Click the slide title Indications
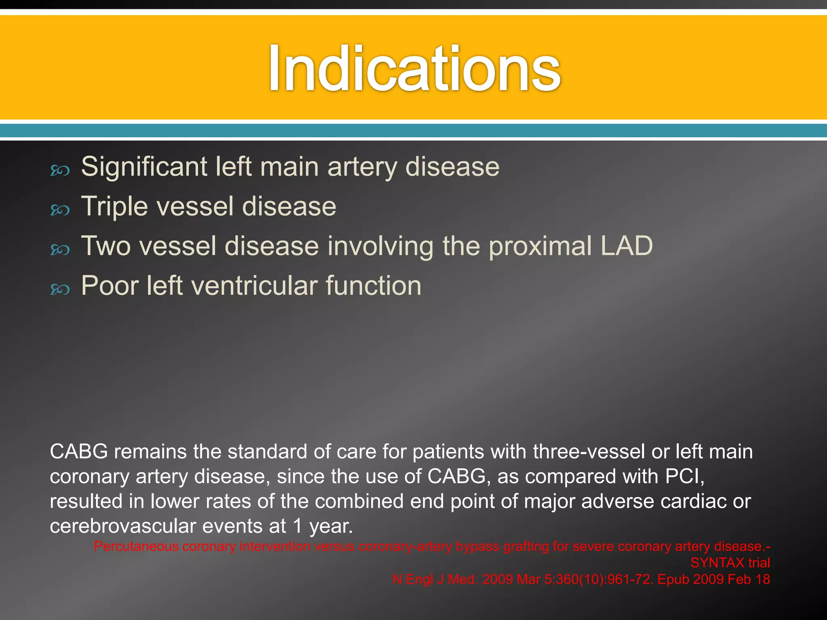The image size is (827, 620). [x=414, y=69]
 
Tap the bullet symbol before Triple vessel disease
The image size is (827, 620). [x=60, y=210]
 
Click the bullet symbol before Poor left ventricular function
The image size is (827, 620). [x=60, y=289]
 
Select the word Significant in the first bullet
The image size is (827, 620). [x=144, y=167]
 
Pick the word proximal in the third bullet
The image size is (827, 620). [x=540, y=246]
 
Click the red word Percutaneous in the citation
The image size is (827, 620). [x=136, y=547]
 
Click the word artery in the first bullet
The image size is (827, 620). [x=362, y=167]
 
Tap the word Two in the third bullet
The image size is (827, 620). [x=106, y=246]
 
